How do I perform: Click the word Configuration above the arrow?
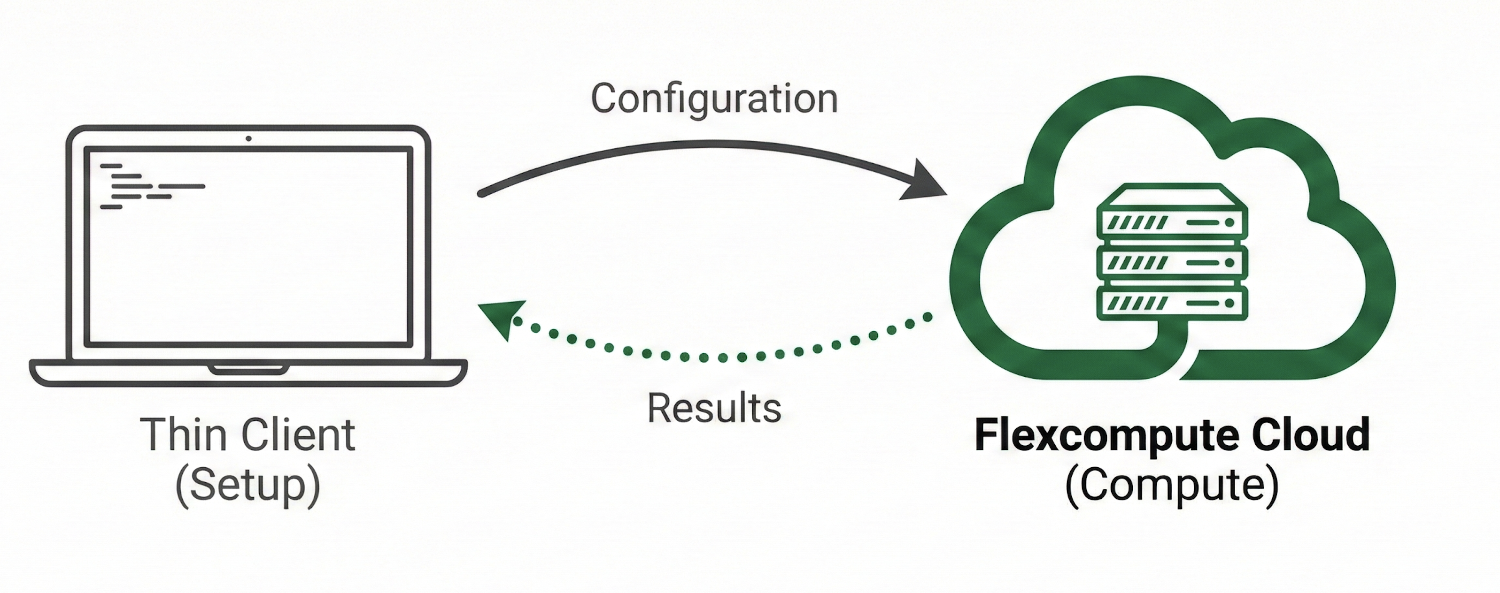point(714,99)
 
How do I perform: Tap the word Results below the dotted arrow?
point(714,409)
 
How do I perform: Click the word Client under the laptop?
point(298,435)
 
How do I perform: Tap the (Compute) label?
point(1172,486)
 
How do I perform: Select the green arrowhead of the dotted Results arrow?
point(502,317)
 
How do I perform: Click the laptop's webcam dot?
point(248,138)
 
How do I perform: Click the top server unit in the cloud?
point(1172,222)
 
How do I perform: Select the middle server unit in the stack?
point(1172,263)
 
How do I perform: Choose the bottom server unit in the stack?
point(1172,303)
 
